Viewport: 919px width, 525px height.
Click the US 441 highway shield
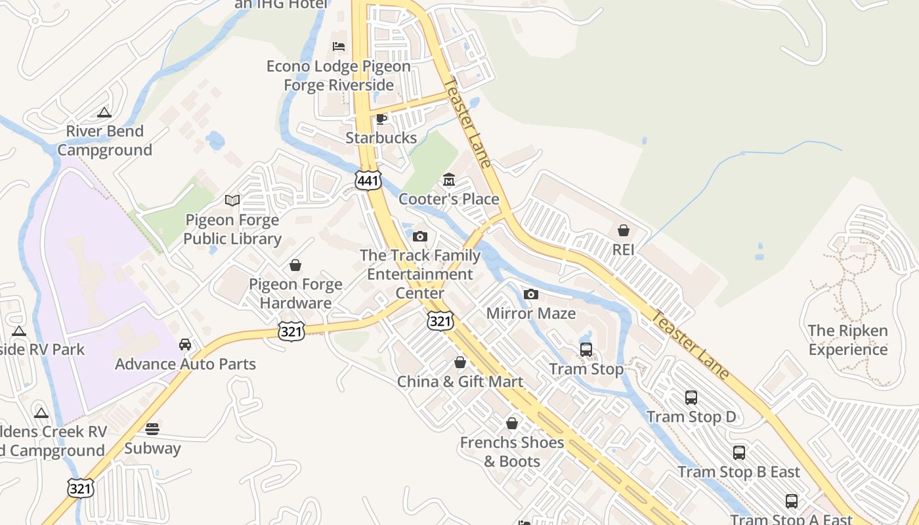point(368,180)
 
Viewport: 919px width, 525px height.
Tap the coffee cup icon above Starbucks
point(381,119)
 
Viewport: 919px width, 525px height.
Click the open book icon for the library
point(232,200)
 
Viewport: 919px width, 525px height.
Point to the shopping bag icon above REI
point(623,230)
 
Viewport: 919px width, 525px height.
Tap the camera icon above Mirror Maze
point(531,294)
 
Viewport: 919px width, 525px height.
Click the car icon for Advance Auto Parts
point(185,345)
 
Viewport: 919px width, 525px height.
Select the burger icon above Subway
point(152,429)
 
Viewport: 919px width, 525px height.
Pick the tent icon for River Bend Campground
point(104,112)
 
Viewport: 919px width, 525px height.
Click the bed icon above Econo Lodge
point(339,47)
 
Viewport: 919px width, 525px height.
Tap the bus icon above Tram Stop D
point(691,397)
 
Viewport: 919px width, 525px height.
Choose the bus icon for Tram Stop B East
point(739,452)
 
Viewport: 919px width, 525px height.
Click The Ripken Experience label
point(847,340)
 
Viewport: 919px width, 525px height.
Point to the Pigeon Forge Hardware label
point(295,293)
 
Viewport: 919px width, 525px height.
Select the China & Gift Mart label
point(460,381)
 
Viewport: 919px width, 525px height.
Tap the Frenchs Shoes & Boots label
point(512,451)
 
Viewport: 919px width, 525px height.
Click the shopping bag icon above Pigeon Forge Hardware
point(295,265)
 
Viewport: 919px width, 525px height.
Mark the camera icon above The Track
point(420,236)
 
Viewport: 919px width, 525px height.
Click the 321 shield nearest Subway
point(80,488)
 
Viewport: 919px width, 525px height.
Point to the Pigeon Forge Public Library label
point(232,229)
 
